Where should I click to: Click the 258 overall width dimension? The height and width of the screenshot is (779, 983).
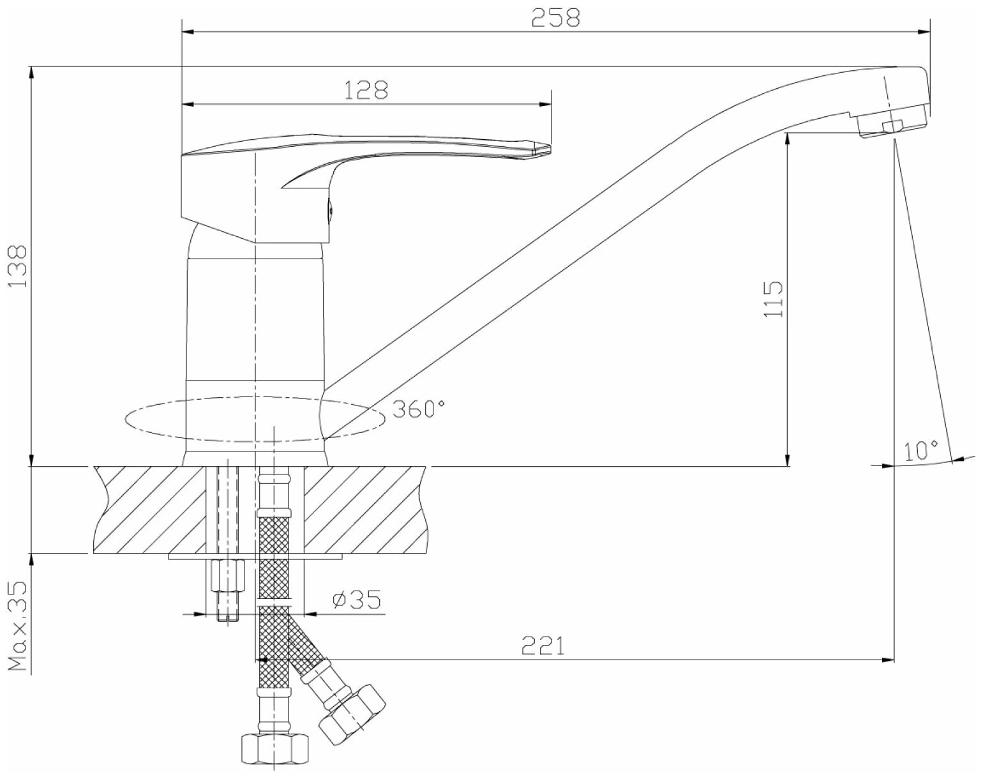(556, 18)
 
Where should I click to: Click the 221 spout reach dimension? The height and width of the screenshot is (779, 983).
(543, 646)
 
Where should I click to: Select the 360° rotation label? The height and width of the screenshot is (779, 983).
(418, 408)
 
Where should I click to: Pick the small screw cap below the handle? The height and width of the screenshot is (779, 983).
(330, 211)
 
